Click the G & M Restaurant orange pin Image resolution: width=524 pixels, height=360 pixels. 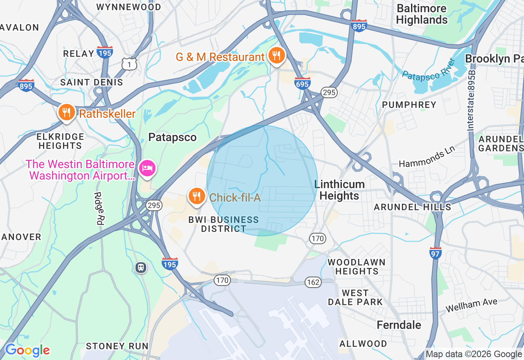tap(276, 55)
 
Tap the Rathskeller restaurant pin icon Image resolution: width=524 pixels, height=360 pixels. tap(66, 112)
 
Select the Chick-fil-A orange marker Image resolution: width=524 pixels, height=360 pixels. tap(196, 196)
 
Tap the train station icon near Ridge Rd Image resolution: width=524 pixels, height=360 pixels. tap(141, 268)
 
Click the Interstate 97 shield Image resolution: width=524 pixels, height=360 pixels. tap(436, 253)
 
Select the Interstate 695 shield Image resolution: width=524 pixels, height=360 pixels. tap(302, 83)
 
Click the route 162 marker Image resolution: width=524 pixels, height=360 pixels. tap(313, 282)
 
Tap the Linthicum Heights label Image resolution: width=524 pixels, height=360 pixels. tap(339, 190)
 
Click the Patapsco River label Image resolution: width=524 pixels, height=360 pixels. tap(429, 69)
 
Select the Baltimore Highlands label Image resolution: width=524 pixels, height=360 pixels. tap(422, 14)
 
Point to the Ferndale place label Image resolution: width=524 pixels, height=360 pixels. tap(399, 325)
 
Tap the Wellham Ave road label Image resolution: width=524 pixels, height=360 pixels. tap(471, 305)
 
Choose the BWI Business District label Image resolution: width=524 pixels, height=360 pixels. tap(224, 224)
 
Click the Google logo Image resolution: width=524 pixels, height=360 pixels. tap(27, 350)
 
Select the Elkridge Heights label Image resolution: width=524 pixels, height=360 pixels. tap(60, 141)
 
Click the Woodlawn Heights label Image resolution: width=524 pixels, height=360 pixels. tap(356, 266)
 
